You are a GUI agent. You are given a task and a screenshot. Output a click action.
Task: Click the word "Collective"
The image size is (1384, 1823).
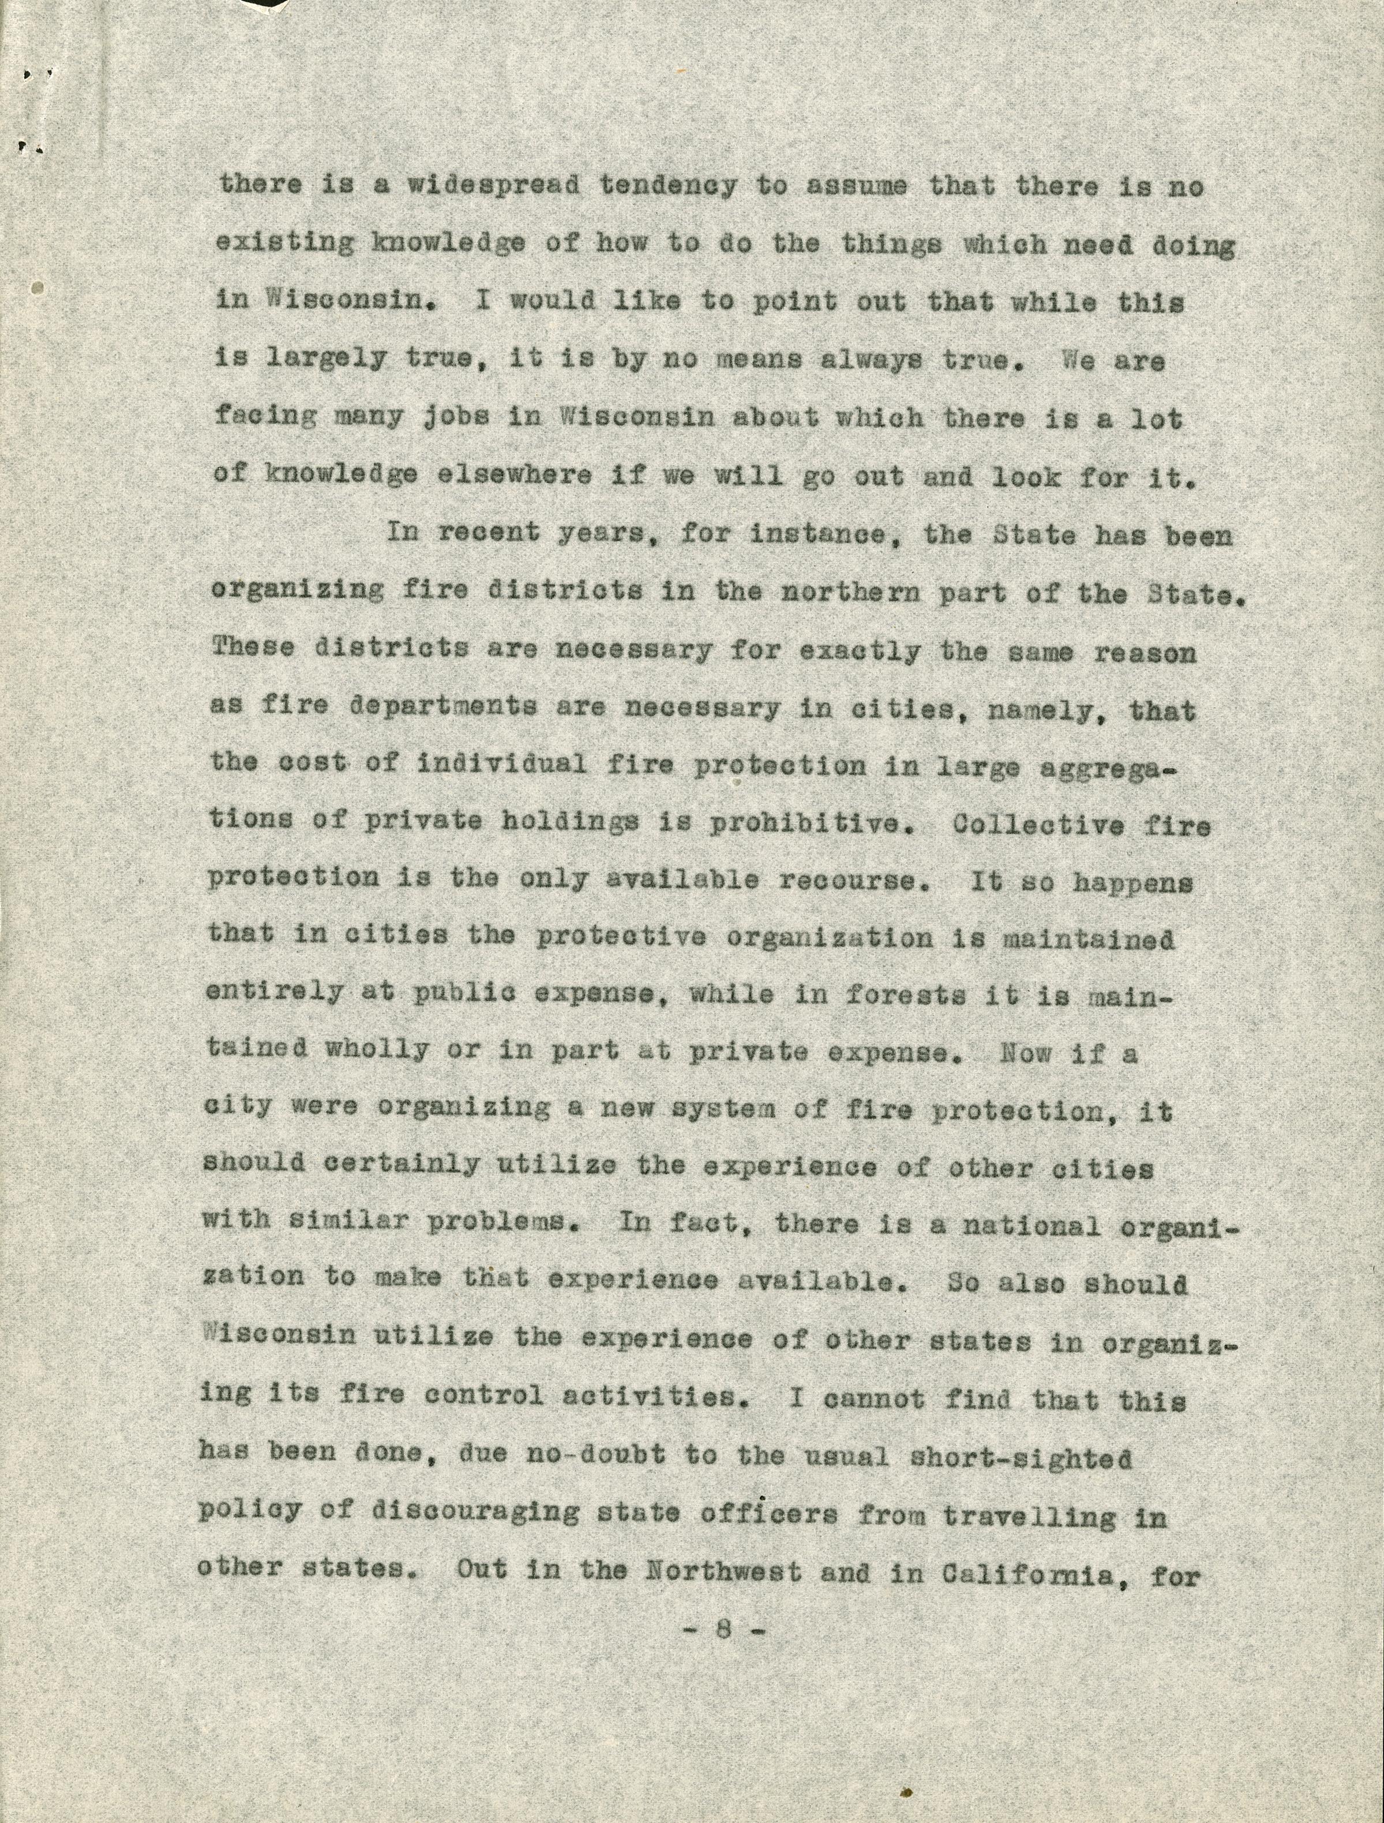1037,824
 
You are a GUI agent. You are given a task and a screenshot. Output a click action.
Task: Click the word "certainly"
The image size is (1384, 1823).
400,1164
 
